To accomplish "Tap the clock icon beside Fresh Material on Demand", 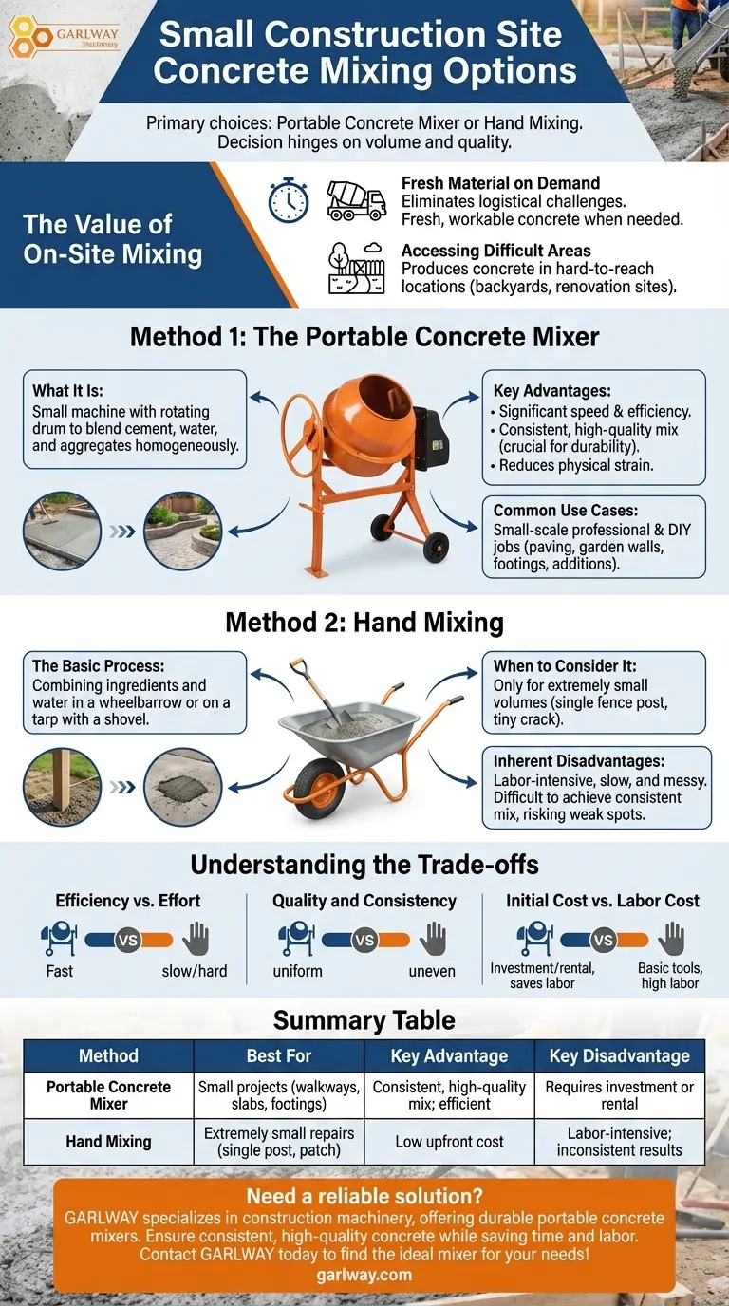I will pos(289,200).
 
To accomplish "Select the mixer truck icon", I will pos(356,199).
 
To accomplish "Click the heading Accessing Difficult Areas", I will pos(496,252).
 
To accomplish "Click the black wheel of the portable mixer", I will pos(436,548).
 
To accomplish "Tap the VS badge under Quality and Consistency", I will pos(364,941).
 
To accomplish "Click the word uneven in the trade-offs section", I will pos(432,972).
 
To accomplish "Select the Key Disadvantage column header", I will pos(620,1055).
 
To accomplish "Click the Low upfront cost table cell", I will pos(450,1141).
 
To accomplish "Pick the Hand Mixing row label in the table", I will pos(108,1141).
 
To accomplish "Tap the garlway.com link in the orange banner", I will pos(364,1275).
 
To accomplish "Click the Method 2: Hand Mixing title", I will pos(364,623).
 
